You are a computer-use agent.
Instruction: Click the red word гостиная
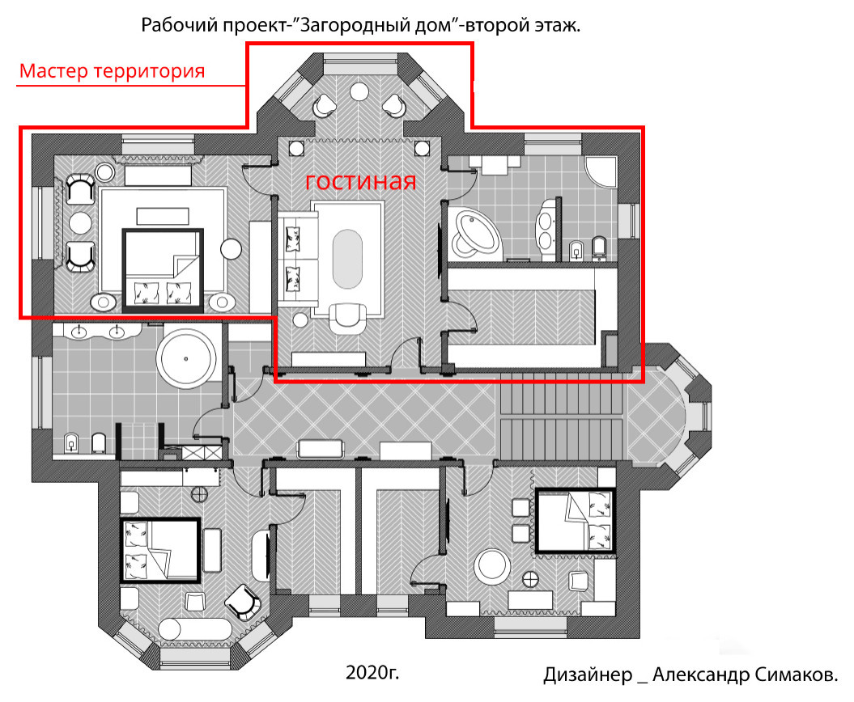pyautogui.click(x=360, y=182)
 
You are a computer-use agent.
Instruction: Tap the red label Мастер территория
pyautogui.click(x=113, y=71)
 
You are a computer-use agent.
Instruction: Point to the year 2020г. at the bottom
pyautogui.click(x=372, y=673)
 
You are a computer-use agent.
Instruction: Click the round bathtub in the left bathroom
pyautogui.click(x=185, y=359)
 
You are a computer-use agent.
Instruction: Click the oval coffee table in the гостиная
pyautogui.click(x=347, y=259)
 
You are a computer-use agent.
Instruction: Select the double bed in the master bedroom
pyautogui.click(x=163, y=270)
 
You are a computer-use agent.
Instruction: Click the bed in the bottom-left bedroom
pyautogui.click(x=159, y=551)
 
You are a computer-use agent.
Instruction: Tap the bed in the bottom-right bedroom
pyautogui.click(x=576, y=521)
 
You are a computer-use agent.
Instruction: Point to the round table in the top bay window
pyautogui.click(x=359, y=91)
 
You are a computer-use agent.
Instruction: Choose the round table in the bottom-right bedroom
pyautogui.click(x=492, y=566)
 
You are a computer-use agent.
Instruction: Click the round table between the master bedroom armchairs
pyautogui.click(x=81, y=223)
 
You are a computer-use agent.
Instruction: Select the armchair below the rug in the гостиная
pyautogui.click(x=347, y=319)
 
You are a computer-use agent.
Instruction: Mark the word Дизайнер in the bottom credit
pyautogui.click(x=588, y=675)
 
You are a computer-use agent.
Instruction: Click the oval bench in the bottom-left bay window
pyautogui.click(x=196, y=628)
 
